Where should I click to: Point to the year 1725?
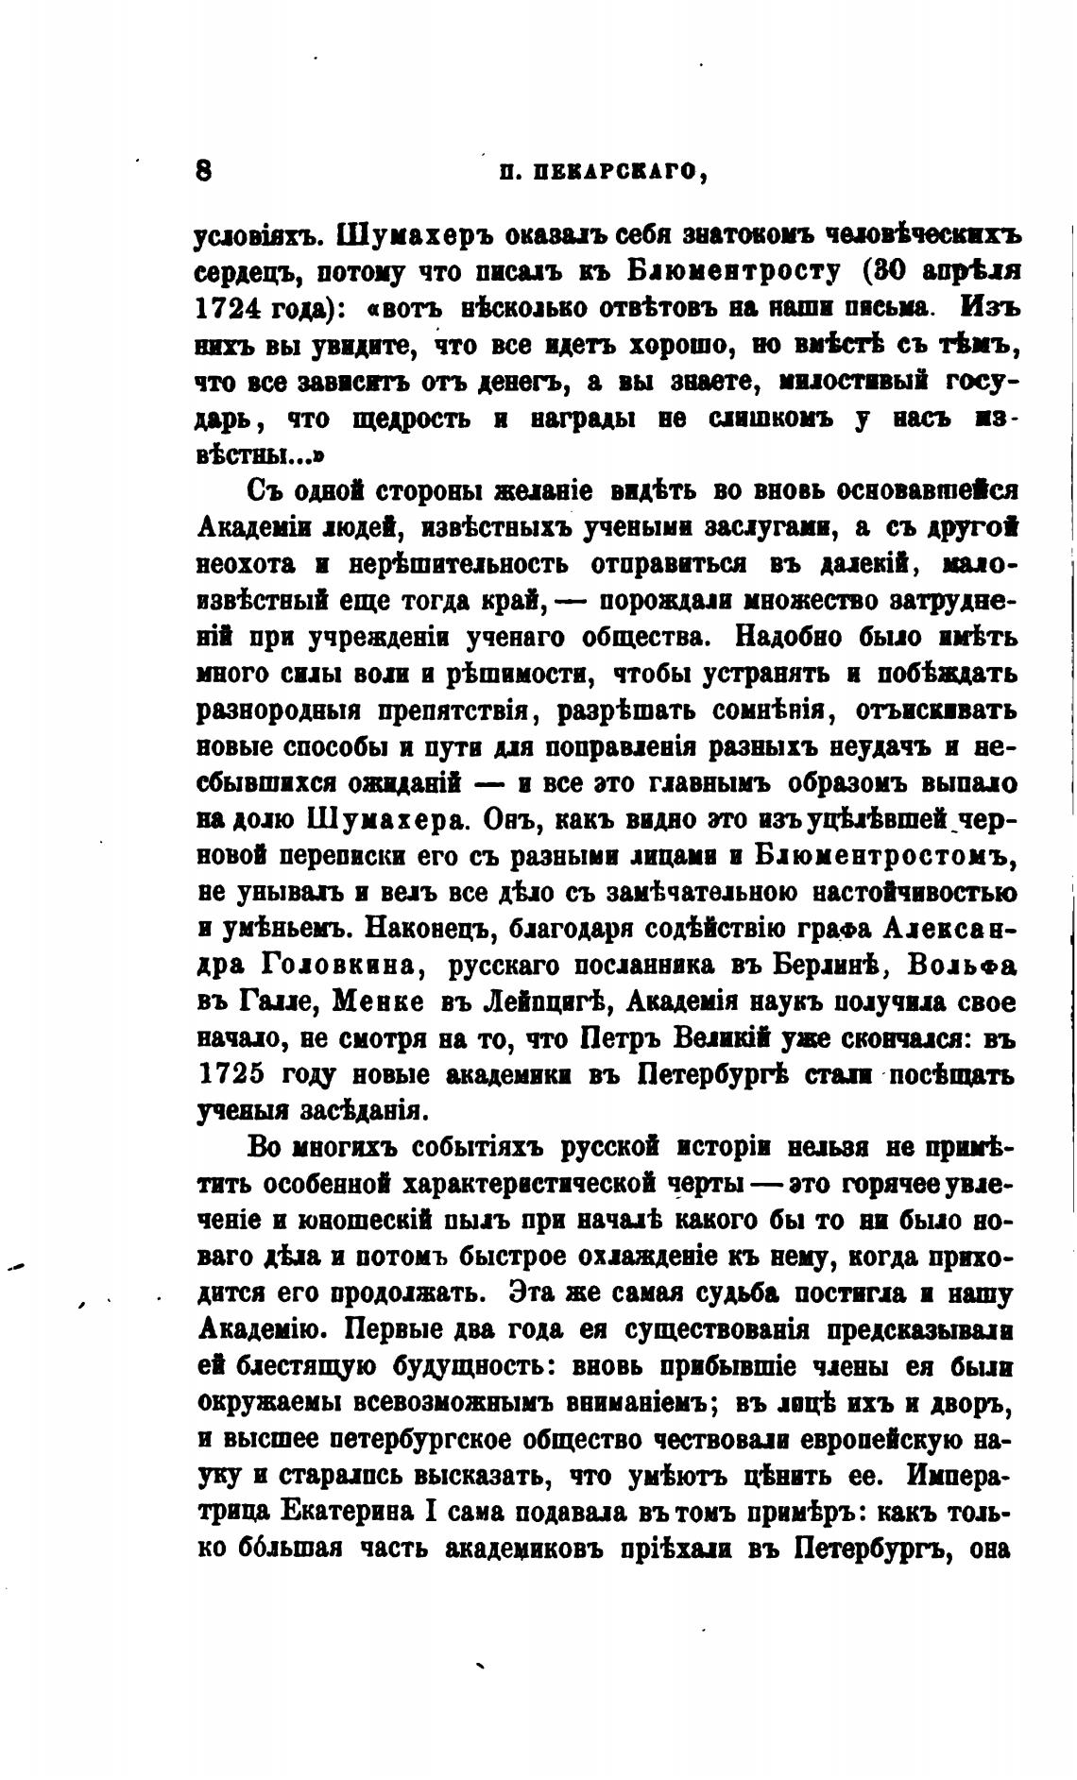point(232,1075)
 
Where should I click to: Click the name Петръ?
point(620,1038)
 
